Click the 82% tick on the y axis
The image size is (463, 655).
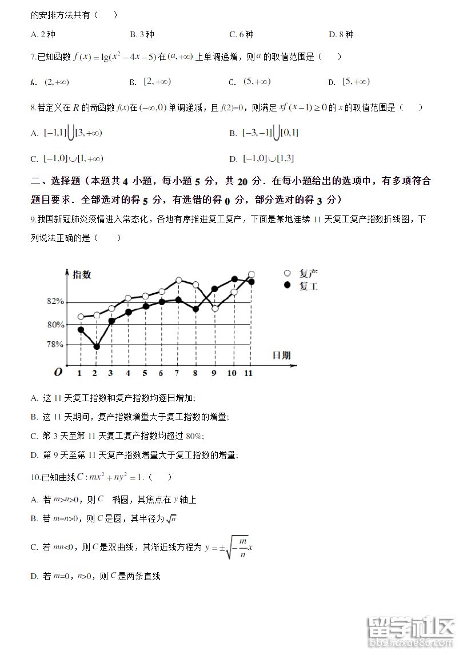(x=55, y=302)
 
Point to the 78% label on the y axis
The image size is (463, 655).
(x=55, y=344)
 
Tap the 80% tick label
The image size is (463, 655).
(x=55, y=325)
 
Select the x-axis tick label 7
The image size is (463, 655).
(x=177, y=373)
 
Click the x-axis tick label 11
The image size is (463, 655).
(x=248, y=373)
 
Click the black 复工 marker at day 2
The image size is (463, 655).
(x=97, y=346)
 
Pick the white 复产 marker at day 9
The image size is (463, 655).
(x=215, y=308)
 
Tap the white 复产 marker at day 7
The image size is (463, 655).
(x=179, y=280)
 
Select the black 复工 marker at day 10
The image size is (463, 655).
(x=234, y=279)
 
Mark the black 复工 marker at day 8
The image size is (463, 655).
(x=195, y=309)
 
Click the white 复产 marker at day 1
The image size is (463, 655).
(x=81, y=317)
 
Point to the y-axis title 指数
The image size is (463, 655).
(x=82, y=275)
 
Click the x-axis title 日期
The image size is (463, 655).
(x=281, y=356)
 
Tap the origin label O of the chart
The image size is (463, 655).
(x=58, y=373)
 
